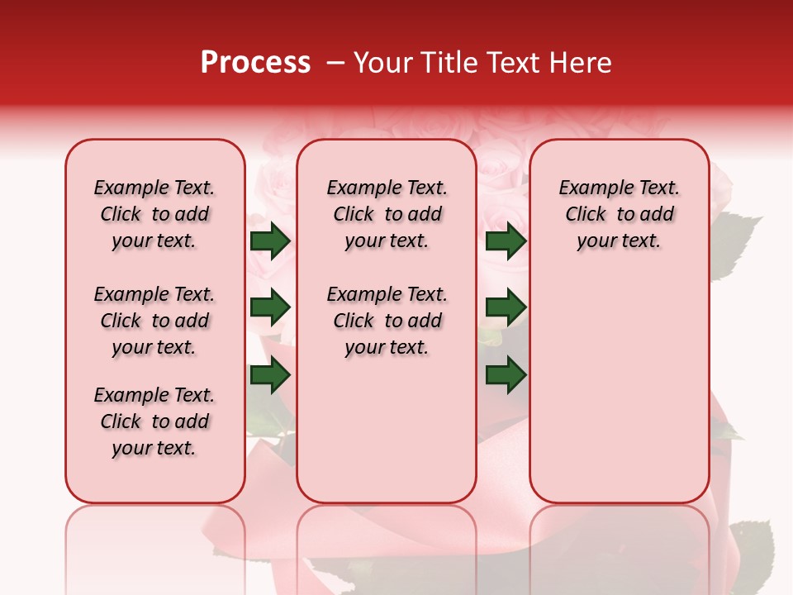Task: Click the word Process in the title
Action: (255, 63)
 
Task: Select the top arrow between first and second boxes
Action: (270, 241)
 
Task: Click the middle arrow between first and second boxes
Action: (270, 307)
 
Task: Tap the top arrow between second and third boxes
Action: (506, 241)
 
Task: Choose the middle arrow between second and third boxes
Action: (506, 307)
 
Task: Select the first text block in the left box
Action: (154, 214)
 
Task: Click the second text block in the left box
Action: (154, 321)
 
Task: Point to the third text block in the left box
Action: (154, 421)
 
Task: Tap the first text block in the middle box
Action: (387, 214)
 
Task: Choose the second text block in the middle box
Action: (387, 321)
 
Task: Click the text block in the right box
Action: (619, 214)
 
